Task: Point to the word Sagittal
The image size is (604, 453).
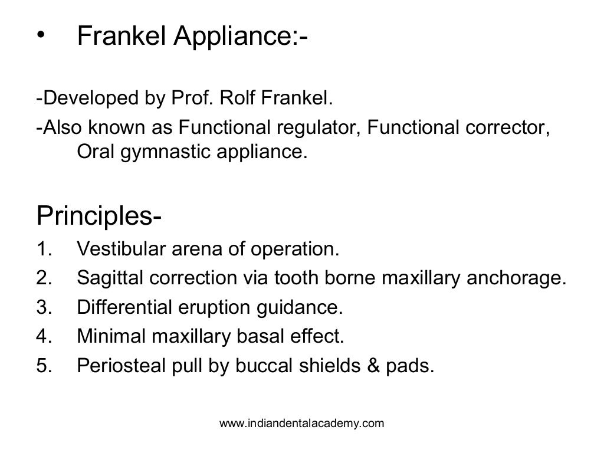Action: (110, 278)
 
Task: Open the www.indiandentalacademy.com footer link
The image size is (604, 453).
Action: (301, 423)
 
